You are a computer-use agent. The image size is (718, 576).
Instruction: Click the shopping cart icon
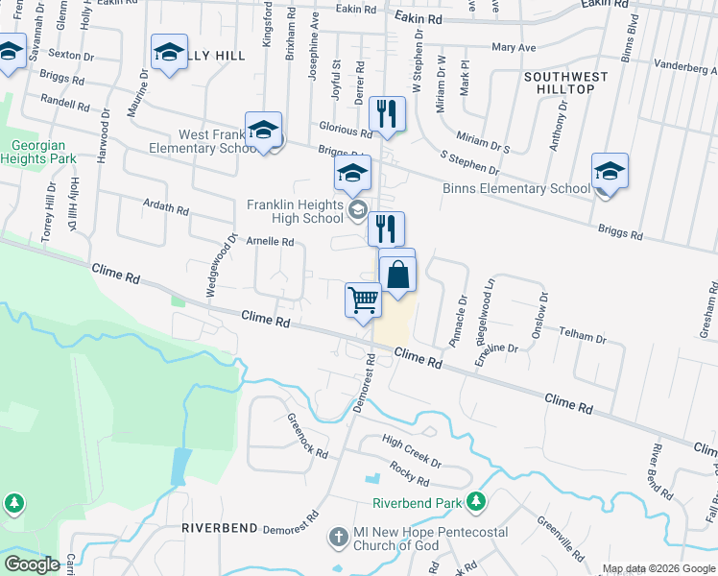(x=363, y=300)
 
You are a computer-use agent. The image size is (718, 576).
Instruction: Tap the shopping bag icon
(x=398, y=274)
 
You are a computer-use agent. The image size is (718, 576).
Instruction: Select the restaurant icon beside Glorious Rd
(x=388, y=114)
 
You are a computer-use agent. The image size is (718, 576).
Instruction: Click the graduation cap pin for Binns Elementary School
(x=610, y=171)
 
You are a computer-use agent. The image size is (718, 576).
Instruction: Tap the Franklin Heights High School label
(x=295, y=211)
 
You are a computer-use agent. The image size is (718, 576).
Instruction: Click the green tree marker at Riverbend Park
(x=475, y=502)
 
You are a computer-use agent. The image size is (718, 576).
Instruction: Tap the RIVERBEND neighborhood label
(x=220, y=528)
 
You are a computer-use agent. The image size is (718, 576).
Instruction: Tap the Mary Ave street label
(x=514, y=47)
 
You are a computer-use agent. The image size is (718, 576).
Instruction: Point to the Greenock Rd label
(x=307, y=435)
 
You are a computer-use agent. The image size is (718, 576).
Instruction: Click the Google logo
(x=33, y=564)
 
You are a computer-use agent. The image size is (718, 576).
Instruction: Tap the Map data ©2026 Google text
(x=658, y=568)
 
